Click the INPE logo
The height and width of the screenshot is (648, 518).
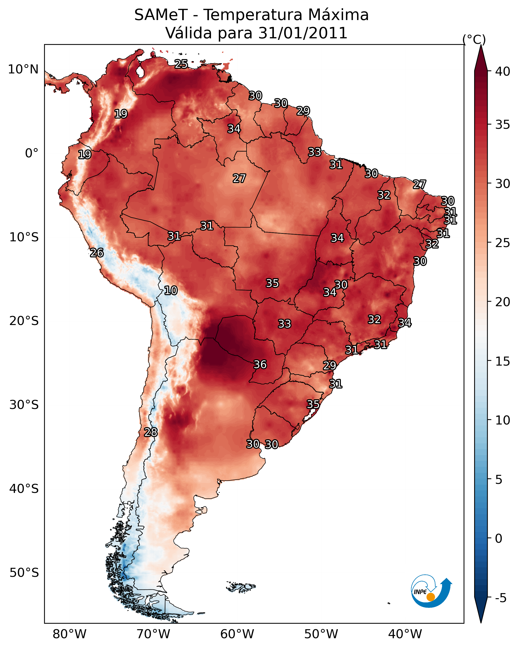(x=432, y=592)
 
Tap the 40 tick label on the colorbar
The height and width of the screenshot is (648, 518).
(x=503, y=71)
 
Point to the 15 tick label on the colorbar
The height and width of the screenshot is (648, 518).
(x=503, y=361)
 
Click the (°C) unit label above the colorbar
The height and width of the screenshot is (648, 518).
(x=474, y=39)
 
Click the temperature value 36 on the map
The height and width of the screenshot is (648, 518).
(x=260, y=365)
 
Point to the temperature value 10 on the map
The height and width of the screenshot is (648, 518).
(x=171, y=290)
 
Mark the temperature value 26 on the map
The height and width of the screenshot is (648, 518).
(x=97, y=253)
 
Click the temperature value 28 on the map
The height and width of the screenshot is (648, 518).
(x=151, y=432)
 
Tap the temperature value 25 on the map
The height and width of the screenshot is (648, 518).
(x=181, y=64)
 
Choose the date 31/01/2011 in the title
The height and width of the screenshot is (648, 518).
(x=303, y=33)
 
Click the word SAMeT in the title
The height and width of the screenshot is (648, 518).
(x=161, y=15)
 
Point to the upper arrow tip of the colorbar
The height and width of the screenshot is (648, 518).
(x=481, y=45)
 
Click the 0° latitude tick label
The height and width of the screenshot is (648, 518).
(x=32, y=153)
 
